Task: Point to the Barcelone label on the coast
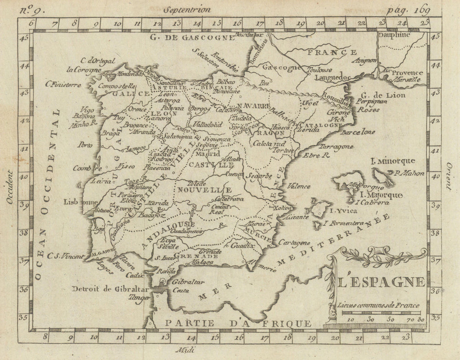pos(358,132)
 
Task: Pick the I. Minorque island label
pos(393,161)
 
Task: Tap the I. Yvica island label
pos(343,211)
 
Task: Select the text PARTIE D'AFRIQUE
pos(238,324)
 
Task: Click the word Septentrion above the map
pos(189,9)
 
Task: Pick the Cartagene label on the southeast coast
pos(293,242)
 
